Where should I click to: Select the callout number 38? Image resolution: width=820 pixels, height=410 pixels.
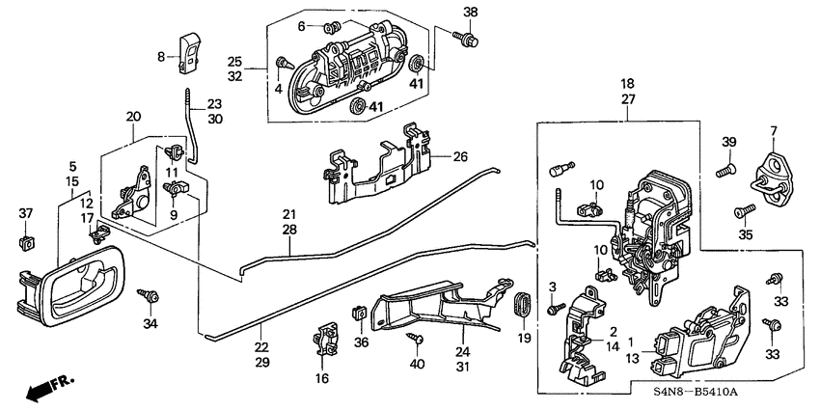coord(470,12)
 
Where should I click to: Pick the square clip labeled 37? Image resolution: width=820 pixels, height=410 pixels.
coord(26,239)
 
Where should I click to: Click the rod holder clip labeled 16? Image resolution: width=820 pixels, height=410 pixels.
coord(323,342)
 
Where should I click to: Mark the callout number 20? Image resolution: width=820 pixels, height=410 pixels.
coord(133,116)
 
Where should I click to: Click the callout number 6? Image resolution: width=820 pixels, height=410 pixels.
coord(301,25)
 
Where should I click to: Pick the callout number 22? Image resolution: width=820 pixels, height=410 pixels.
coord(261,344)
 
